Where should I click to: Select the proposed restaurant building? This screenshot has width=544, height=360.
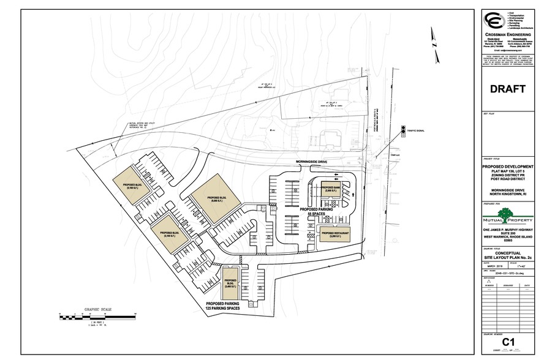point(336,234)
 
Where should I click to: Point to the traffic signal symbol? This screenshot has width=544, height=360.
point(403,129)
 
